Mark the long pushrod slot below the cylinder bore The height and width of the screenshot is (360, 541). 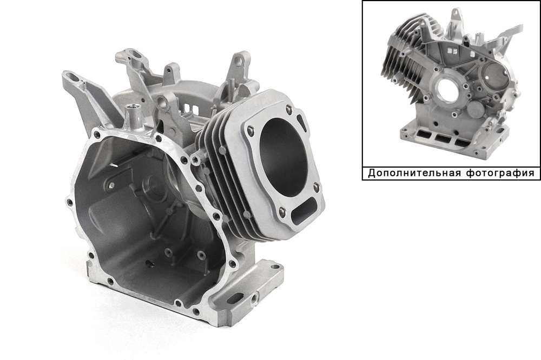pyautogui.click(x=303, y=211)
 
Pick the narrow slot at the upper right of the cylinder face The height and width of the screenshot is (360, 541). pyautogui.click(x=301, y=122)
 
